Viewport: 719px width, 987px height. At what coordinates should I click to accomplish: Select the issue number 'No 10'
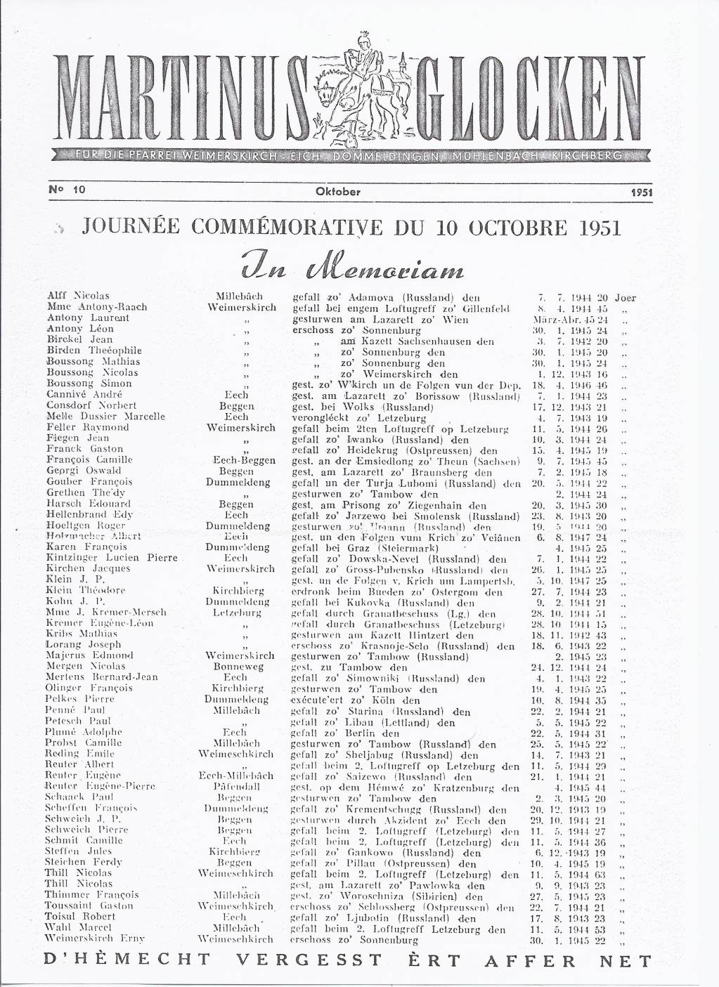[x=63, y=190]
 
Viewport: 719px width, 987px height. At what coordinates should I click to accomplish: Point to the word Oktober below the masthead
[x=339, y=191]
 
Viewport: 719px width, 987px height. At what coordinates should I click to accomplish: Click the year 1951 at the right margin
[x=642, y=191]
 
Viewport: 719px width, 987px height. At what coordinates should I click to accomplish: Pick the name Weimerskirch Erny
[x=88, y=938]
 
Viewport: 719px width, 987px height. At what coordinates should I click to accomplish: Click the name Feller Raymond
[x=88, y=427]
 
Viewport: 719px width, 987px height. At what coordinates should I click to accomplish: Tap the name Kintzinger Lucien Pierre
[x=102, y=557]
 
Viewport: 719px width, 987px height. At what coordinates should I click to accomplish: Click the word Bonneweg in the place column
[x=240, y=666]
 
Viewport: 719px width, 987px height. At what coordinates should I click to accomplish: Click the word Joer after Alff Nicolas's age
[x=625, y=296]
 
